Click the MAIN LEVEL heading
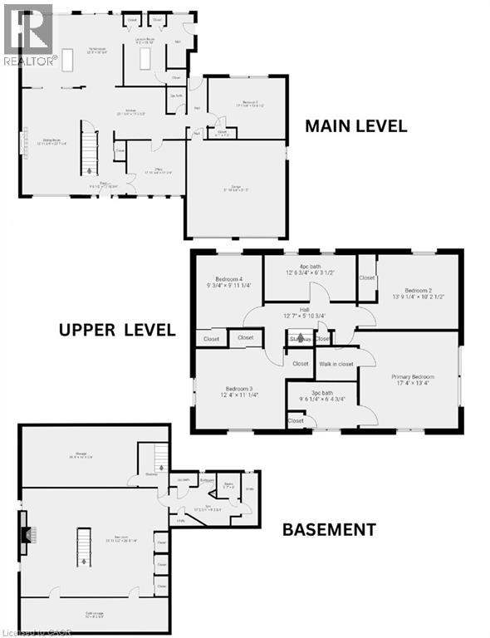355,126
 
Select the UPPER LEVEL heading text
117,330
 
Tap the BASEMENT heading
328,529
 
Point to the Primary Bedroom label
413,380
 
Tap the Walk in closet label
335,363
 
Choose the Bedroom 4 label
229,282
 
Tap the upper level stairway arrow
300,338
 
